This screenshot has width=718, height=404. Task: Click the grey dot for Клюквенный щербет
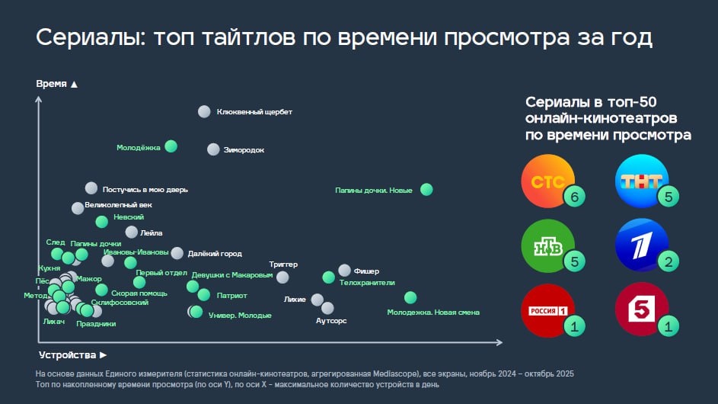coord(204,111)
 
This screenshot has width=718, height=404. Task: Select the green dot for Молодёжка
coord(171,146)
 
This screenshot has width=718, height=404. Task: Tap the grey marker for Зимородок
coord(214,149)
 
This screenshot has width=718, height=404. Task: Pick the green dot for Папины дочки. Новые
coord(426,189)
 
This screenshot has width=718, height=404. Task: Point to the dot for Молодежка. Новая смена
coord(410,297)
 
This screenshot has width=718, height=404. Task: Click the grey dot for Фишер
coord(344,271)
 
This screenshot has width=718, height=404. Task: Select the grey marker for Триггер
coord(282,277)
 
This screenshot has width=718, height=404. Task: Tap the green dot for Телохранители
coord(328,277)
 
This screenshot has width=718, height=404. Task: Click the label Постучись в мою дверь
coord(145,189)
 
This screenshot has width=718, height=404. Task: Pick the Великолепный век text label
coord(119,206)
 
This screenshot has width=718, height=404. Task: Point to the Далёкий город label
coord(215,253)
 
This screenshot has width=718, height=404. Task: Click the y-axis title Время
coord(51,84)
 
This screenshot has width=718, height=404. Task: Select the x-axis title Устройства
coord(68,355)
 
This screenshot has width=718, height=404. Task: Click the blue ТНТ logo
coord(640,183)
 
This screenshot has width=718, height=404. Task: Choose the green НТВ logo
coord(544,246)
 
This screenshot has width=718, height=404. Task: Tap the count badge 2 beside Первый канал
coord(668,263)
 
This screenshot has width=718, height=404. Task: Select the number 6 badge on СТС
coord(574,198)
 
